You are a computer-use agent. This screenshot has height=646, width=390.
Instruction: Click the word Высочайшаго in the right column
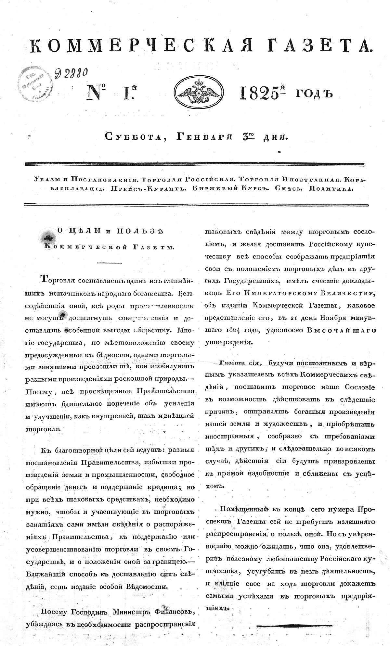coord(341,329)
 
